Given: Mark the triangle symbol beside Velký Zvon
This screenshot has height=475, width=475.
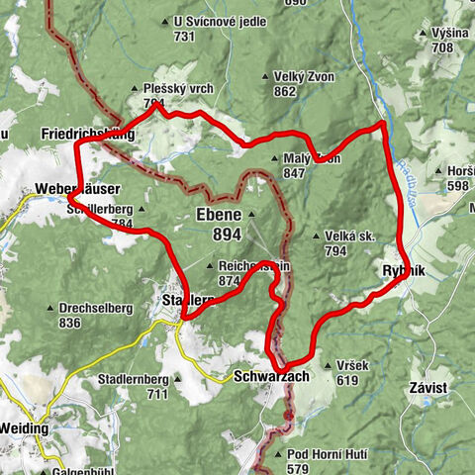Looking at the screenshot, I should click(265, 76).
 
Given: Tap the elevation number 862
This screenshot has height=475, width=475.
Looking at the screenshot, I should click(286, 92).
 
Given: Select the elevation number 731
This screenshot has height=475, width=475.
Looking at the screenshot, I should click(184, 36).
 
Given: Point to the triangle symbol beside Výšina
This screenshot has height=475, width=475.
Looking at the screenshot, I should click(423, 33).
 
